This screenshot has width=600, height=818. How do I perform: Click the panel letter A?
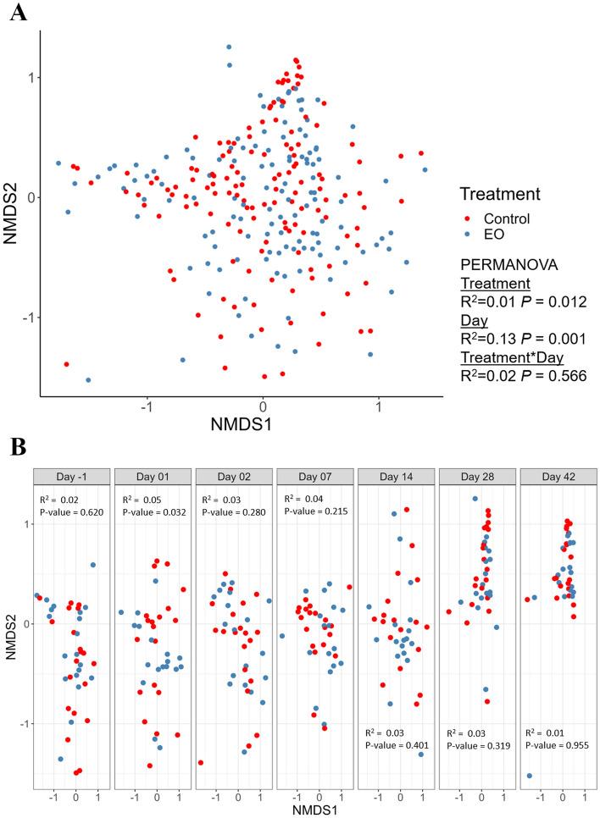[17, 14]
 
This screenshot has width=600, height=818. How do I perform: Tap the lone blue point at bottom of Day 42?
[529, 776]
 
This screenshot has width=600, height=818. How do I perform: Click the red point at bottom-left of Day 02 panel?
[201, 762]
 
